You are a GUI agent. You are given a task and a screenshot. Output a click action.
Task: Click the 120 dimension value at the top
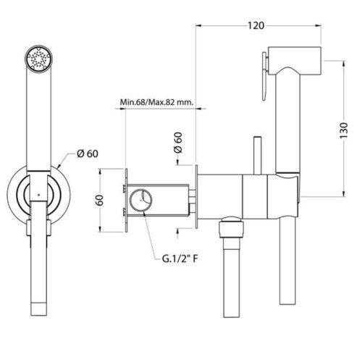click(x=256, y=25)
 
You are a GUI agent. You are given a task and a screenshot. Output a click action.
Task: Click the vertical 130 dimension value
click(x=344, y=130)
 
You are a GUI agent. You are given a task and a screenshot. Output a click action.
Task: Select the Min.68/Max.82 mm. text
click(x=157, y=102)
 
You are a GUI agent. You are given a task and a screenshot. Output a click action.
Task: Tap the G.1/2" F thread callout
click(x=180, y=259)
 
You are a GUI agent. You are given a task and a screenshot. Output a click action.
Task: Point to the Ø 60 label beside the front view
click(x=88, y=153)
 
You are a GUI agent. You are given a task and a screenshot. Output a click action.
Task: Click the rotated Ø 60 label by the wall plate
click(x=178, y=143)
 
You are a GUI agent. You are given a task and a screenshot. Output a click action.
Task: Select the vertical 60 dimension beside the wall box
click(x=99, y=200)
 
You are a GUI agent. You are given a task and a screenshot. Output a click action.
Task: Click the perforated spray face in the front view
click(x=38, y=58)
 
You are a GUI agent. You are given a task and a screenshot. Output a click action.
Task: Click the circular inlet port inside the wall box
click(x=141, y=200)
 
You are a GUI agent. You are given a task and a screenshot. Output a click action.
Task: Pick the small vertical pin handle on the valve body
click(x=257, y=155)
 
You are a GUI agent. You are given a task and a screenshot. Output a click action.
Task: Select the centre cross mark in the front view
click(x=39, y=195)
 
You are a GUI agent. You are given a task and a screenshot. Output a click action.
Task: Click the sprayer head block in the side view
click(x=295, y=60)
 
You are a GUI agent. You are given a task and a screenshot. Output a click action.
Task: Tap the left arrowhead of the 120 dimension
click(x=198, y=25)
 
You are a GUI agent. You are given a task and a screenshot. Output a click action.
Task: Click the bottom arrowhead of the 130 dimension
click(x=343, y=194)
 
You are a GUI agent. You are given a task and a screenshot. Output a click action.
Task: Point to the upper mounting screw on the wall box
click(x=125, y=188)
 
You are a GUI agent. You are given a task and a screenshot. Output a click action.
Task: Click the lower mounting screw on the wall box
click(x=125, y=211)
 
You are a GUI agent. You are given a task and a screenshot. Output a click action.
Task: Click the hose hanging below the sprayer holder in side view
click(x=287, y=261)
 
